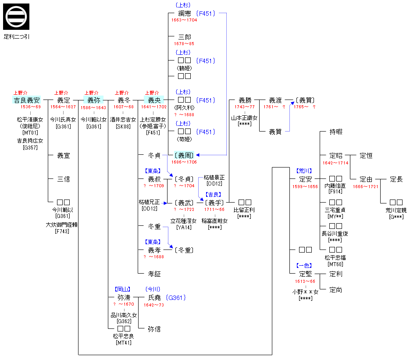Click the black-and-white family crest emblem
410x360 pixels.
tap(16, 17)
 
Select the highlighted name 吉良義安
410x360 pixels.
tap(27, 100)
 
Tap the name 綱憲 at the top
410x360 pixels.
tap(185, 14)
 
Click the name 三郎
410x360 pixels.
tap(185, 37)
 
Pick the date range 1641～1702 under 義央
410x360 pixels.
tap(154, 107)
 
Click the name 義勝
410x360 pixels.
tap(245, 100)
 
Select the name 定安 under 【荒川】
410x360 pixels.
tap(305, 179)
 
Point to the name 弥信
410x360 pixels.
tap(154, 328)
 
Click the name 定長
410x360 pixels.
tap(396, 179)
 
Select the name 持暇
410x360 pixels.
tap(336, 132)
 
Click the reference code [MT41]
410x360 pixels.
tap(124, 342)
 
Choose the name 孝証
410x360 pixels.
tap(154, 274)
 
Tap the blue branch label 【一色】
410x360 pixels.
tap(305, 266)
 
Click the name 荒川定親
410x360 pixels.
tap(396, 210)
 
